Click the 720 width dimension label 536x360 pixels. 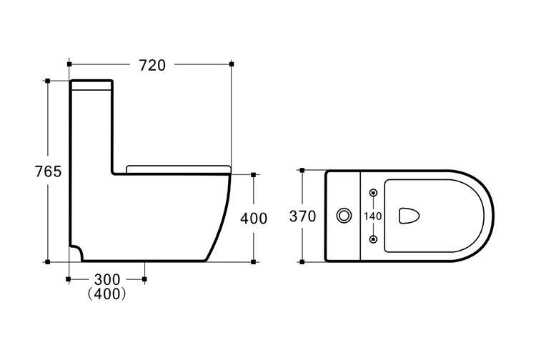click(x=152, y=65)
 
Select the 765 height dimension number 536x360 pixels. click(x=48, y=171)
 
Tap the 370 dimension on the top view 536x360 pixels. click(x=302, y=216)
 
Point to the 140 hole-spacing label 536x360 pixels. click(x=372, y=216)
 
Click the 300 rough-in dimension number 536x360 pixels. click(x=107, y=280)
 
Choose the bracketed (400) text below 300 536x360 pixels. click(x=106, y=294)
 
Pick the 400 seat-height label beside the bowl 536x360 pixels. click(x=254, y=219)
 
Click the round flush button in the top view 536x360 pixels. click(x=344, y=216)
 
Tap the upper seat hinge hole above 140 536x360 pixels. click(x=373, y=193)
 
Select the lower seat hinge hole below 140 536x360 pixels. click(x=373, y=239)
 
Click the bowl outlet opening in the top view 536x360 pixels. click(x=409, y=216)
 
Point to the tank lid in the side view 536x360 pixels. click(x=91, y=85)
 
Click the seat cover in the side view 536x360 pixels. click(x=179, y=169)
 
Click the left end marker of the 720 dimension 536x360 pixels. click(x=69, y=64)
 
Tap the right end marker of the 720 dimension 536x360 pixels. click(x=232, y=64)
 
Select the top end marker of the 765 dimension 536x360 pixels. click(x=48, y=81)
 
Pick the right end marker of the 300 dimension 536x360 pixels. click(x=144, y=279)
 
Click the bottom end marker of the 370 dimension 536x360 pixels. click(x=302, y=262)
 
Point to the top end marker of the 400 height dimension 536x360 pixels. click(x=253, y=175)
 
